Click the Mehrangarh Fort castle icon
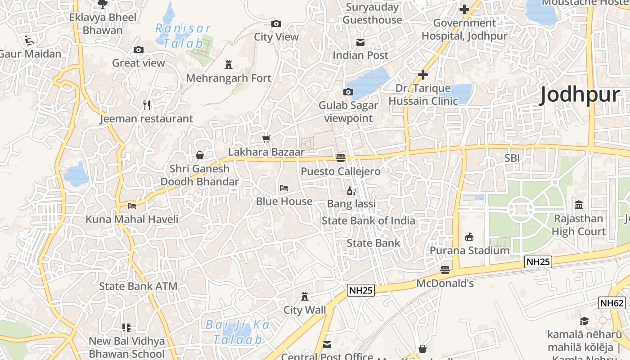pyautogui.click(x=229, y=65)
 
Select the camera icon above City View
pyautogui.click(x=276, y=24)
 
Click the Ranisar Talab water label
pyautogui.click(x=180, y=36)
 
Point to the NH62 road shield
pyautogui.click(x=612, y=303)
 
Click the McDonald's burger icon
pyautogui.click(x=445, y=270)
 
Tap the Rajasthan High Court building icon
pyautogui.click(x=579, y=205)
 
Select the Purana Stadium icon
pyautogui.click(x=469, y=237)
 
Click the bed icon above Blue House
pyautogui.click(x=284, y=188)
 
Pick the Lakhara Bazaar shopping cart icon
pyautogui.click(x=266, y=139)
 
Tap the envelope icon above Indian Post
pyautogui.click(x=360, y=42)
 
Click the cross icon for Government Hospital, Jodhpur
pyautogui.click(x=464, y=9)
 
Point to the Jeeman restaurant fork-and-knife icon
pyautogui.click(x=147, y=105)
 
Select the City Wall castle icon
pyautogui.click(x=305, y=297)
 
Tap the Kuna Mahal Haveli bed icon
pyautogui.click(x=132, y=206)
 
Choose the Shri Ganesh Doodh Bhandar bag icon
pyautogui.click(x=200, y=155)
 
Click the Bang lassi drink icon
pyautogui.click(x=351, y=191)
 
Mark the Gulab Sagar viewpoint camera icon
pyautogui.click(x=348, y=92)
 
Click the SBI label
pyautogui.click(x=512, y=158)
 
